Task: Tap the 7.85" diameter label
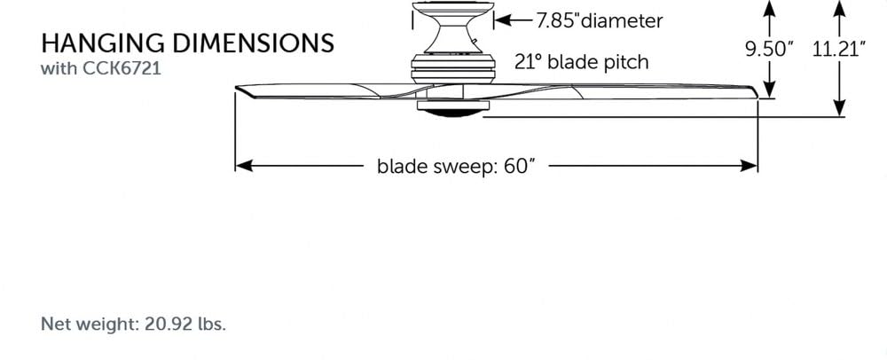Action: coord(598,19)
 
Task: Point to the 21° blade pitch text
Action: coord(581,62)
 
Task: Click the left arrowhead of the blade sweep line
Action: coord(242,166)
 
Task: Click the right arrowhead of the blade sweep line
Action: coord(750,166)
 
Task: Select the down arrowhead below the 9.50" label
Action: coord(769,90)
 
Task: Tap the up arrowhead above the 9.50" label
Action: coord(769,8)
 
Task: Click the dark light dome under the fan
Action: coord(451,113)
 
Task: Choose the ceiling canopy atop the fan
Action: coord(451,12)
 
